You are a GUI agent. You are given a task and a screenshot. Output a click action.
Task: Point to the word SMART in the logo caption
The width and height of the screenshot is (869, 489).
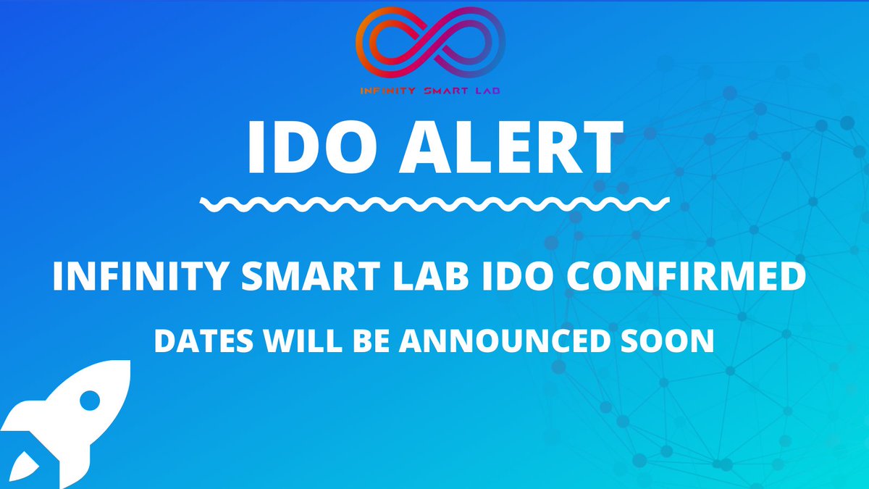440,91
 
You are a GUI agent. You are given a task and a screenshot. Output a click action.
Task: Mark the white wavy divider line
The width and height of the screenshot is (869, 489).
434,204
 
